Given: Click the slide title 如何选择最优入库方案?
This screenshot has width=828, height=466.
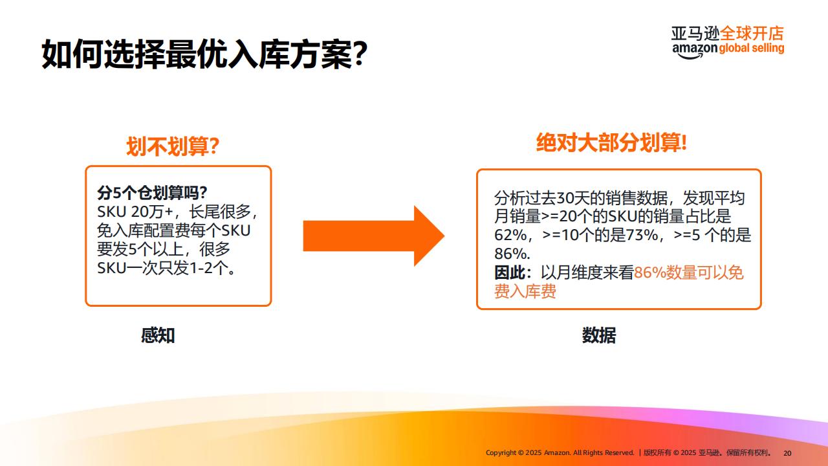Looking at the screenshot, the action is [x=204, y=54].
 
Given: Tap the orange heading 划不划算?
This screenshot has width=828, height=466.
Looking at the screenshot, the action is [x=173, y=146].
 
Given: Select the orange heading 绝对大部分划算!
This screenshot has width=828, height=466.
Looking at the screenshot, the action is [x=611, y=143].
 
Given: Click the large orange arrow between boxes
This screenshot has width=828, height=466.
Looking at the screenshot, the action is [x=374, y=236].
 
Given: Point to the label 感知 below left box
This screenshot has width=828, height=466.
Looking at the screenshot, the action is [x=158, y=335].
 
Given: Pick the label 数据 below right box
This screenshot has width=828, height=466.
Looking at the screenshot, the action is [x=599, y=335].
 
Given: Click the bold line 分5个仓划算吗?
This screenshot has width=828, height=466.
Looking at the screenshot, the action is [x=152, y=193].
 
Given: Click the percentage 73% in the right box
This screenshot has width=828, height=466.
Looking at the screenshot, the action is [x=642, y=235].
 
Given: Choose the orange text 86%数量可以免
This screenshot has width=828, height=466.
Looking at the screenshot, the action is [x=689, y=272].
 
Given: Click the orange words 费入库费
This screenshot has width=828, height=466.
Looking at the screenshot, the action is [x=525, y=291].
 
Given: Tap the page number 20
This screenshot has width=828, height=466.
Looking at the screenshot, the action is [x=787, y=453].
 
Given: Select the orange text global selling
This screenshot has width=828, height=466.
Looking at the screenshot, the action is [x=752, y=49].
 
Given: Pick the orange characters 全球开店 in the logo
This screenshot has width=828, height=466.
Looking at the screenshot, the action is [x=752, y=33].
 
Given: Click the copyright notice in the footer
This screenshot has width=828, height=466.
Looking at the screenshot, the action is [x=628, y=452].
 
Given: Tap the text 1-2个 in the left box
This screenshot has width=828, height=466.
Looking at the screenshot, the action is [x=212, y=268].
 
